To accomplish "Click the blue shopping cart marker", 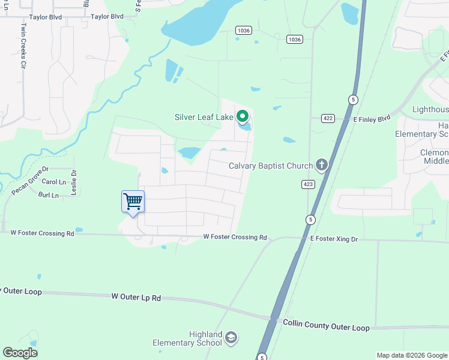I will tap(133, 202).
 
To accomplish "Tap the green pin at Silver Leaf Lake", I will tap(243, 116).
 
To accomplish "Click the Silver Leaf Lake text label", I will tap(204, 117).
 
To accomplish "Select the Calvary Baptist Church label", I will tap(271, 166).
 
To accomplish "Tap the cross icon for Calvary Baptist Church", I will tap(322, 164).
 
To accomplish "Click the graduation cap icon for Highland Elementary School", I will tap(231, 338).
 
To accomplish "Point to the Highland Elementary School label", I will tap(188, 338).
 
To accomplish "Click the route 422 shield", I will tap(328, 119).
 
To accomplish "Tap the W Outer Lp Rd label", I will tap(137, 297).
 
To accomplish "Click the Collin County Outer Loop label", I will tap(326, 326).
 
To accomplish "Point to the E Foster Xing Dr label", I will tap(334, 239).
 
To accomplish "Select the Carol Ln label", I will tap(54, 182).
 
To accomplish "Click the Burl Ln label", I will tap(49, 196).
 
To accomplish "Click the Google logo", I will tap(20, 353).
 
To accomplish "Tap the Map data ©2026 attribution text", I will tap(412, 355).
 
